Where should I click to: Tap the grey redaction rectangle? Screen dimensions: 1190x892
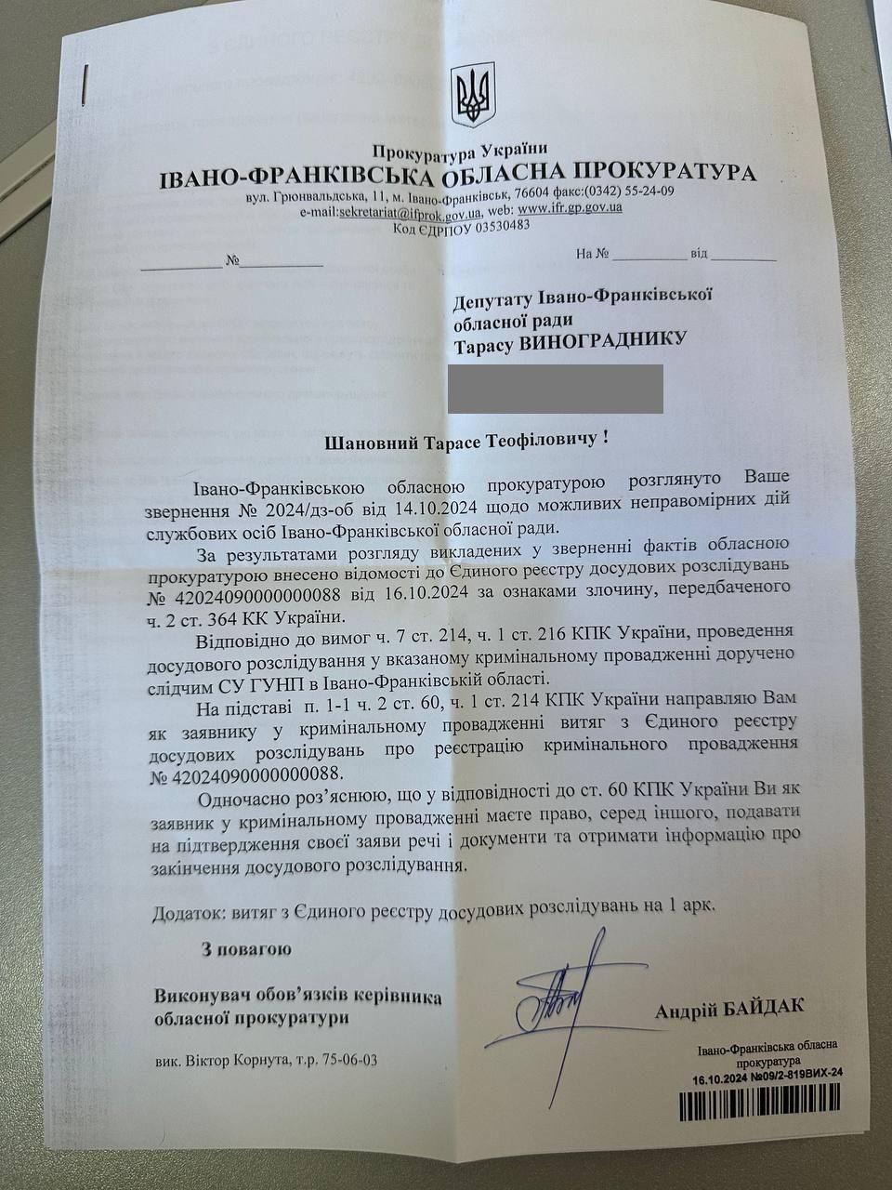click(556, 389)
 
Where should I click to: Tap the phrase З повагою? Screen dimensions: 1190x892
click(245, 949)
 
